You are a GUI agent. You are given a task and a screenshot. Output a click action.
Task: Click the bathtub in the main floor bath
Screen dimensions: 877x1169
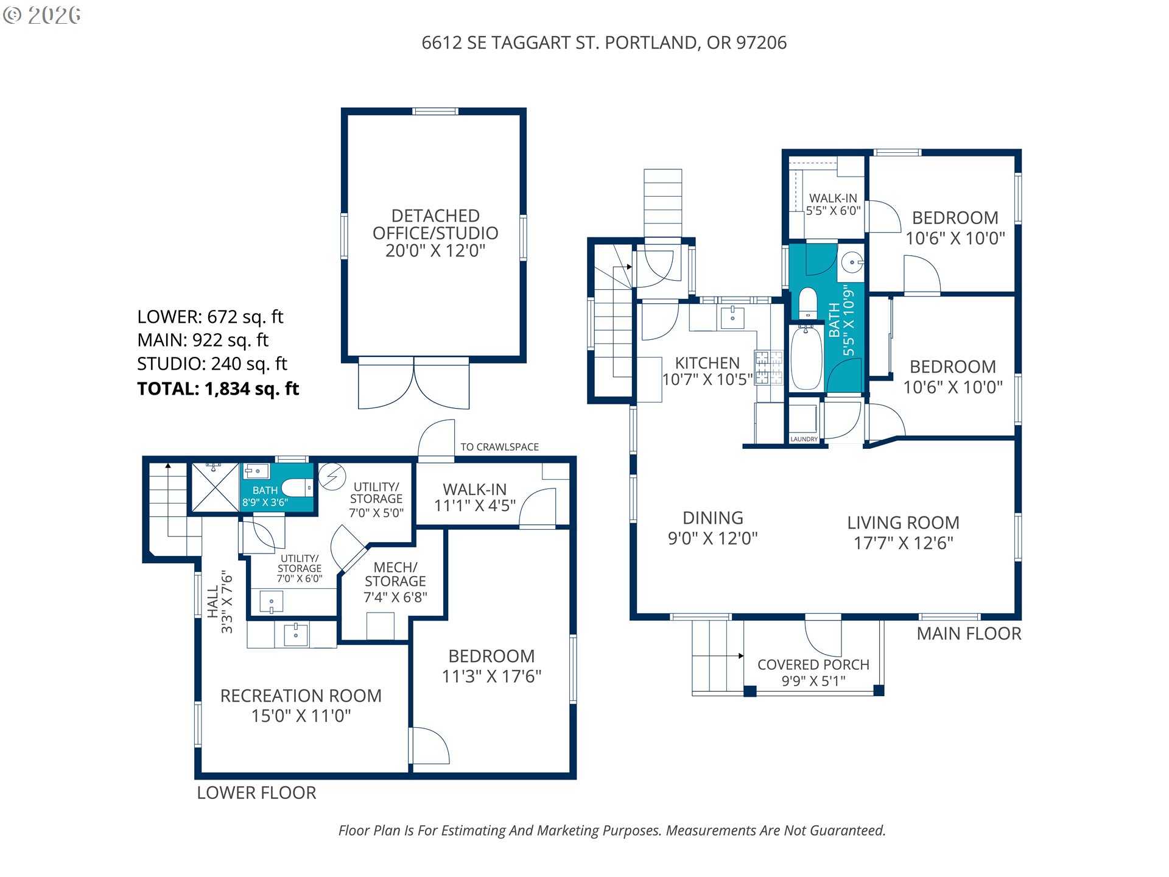coord(806,358)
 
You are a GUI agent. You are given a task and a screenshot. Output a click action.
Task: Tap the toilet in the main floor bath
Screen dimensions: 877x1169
coord(807,302)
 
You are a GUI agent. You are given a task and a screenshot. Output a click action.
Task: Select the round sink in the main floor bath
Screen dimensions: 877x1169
coord(852,262)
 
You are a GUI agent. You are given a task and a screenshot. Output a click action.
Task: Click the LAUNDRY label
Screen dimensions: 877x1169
coord(804,439)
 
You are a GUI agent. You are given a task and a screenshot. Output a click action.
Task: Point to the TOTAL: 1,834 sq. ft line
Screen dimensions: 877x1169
coord(218,389)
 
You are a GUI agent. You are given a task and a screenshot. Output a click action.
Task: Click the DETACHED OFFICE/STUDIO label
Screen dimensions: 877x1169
coord(435,224)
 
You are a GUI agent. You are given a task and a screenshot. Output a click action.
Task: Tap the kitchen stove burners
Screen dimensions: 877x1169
coord(768,367)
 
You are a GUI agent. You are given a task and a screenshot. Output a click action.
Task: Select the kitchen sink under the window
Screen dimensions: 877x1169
coord(732,317)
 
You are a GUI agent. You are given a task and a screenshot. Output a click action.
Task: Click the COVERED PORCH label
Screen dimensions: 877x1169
coord(813,664)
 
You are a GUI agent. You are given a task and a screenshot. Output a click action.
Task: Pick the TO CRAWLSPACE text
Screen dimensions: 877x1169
coord(499,447)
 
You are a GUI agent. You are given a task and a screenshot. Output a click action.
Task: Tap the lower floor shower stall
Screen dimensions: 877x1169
coord(215,487)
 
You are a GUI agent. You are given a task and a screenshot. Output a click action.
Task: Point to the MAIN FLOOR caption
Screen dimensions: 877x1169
coord(969,634)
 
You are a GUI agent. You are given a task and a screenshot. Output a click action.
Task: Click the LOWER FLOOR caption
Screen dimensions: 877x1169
coord(256,793)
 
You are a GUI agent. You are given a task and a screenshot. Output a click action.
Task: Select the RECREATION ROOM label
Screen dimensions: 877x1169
coord(301,696)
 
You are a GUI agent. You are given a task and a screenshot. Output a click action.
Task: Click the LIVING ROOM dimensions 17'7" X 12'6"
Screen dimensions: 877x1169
coord(903,543)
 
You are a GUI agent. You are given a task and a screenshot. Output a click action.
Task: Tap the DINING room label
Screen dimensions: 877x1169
coord(713,518)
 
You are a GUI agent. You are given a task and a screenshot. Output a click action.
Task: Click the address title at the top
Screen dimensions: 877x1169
coord(604,43)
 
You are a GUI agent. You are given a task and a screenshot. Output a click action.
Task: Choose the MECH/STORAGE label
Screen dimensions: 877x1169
coord(395,574)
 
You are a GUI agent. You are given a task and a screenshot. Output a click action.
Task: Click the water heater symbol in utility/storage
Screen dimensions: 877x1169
coord(332,476)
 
